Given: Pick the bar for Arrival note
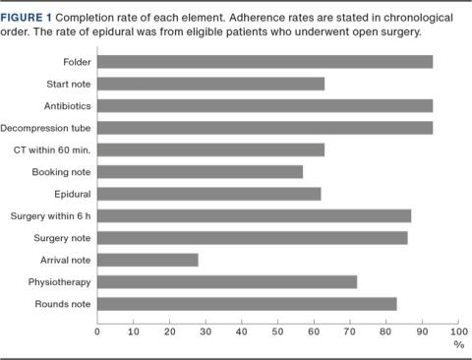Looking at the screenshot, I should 147,260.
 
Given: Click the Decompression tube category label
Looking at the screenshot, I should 46,128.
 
